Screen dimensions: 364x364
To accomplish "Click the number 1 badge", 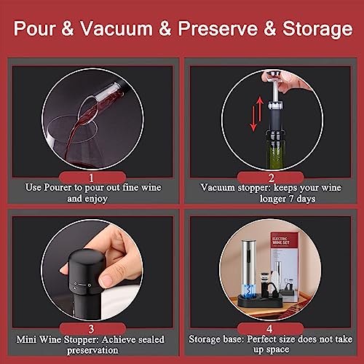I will pyautogui.click(x=91, y=176).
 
